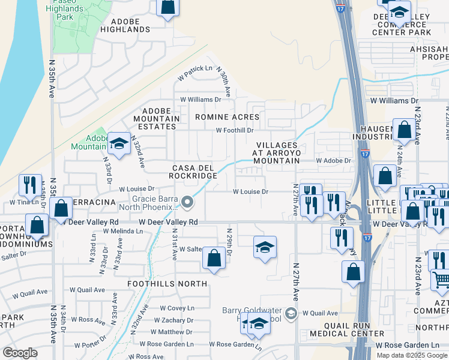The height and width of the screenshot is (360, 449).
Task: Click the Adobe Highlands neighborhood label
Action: (x=125, y=25)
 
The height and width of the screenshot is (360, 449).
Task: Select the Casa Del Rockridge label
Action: (x=194, y=171)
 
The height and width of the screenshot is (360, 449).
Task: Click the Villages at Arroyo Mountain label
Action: (x=277, y=153)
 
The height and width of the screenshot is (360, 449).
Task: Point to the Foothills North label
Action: (x=167, y=283)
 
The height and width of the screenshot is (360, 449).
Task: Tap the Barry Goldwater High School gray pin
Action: (x=291, y=313)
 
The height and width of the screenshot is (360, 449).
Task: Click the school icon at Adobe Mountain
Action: (x=119, y=144)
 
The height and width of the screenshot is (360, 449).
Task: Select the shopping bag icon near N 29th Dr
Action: (x=214, y=259)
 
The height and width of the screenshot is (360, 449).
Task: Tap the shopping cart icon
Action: (x=441, y=280)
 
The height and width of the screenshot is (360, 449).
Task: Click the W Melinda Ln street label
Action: (x=122, y=231)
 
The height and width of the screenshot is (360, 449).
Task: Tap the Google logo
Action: (x=20, y=353)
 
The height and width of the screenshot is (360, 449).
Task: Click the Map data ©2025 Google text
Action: (x=412, y=355)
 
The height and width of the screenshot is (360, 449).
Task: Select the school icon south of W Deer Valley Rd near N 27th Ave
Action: (x=265, y=247)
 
